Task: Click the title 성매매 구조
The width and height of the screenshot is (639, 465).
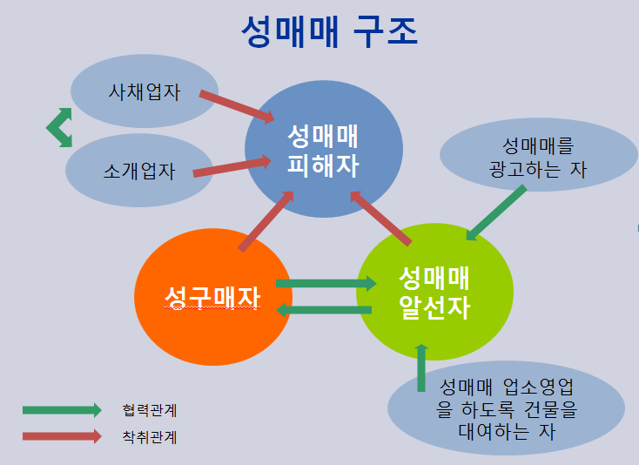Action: pyautogui.click(x=330, y=31)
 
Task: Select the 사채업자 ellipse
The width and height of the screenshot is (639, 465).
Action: pyautogui.click(x=145, y=91)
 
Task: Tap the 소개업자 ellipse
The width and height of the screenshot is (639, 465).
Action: pyautogui.click(x=139, y=171)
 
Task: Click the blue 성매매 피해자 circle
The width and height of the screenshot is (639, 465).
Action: pyautogui.click(x=324, y=149)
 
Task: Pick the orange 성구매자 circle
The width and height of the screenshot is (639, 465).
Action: pyautogui.click(x=213, y=297)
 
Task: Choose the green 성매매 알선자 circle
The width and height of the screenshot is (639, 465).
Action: pyautogui.click(x=434, y=292)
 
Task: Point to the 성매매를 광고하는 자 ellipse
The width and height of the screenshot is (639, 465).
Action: pyautogui.click(x=538, y=155)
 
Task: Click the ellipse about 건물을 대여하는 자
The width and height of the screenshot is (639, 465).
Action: pyautogui.click(x=506, y=408)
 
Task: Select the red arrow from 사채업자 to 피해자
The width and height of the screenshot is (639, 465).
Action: pyautogui.click(x=237, y=107)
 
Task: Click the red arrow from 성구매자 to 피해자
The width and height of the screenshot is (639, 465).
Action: pyautogui.click(x=266, y=221)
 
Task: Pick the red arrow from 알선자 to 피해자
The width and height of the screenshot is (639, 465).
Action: pyautogui.click(x=380, y=219)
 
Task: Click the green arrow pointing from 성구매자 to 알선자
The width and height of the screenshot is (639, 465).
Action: pyautogui.click(x=326, y=284)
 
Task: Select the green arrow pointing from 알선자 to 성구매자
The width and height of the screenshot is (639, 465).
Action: pyautogui.click(x=324, y=310)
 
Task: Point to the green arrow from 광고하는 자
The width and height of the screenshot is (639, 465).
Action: pyautogui.click(x=496, y=212)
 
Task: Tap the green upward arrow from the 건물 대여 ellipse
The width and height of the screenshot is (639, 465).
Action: pyautogui.click(x=421, y=368)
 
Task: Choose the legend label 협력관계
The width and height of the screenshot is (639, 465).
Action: pyautogui.click(x=150, y=410)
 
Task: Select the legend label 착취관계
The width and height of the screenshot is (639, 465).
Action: pyautogui.click(x=150, y=437)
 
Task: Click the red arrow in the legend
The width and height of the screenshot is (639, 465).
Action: pyautogui.click(x=62, y=436)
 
